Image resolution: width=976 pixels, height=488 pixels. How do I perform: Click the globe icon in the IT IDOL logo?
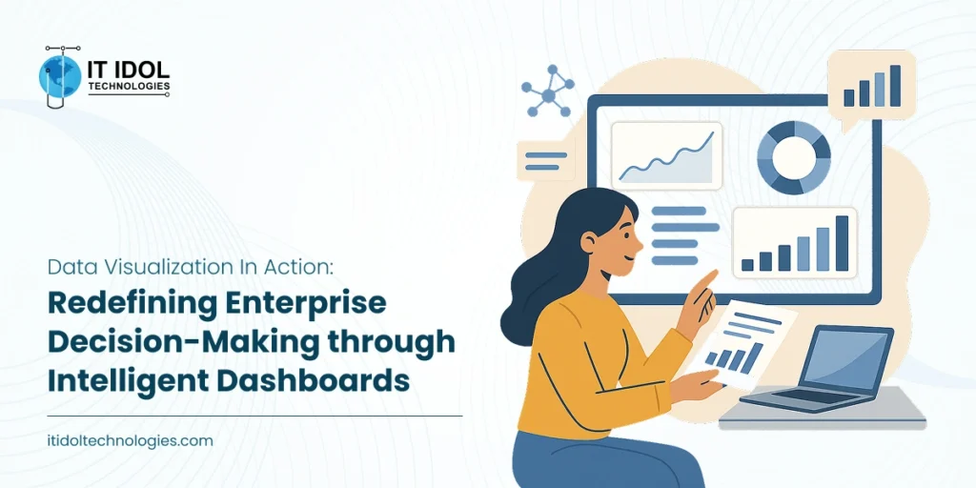tap(60, 75)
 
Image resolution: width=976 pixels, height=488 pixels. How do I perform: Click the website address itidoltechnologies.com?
tap(130, 441)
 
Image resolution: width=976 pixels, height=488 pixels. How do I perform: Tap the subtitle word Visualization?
tap(163, 267)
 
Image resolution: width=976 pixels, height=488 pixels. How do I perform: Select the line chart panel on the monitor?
tap(666, 157)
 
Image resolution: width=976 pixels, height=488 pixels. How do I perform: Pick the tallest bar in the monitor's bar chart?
tap(842, 243)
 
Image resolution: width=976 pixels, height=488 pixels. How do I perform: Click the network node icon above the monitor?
tap(546, 91)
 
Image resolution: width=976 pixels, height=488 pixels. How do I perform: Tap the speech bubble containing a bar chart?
tap(871, 86)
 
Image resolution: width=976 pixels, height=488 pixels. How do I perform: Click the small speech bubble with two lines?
tap(545, 160)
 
